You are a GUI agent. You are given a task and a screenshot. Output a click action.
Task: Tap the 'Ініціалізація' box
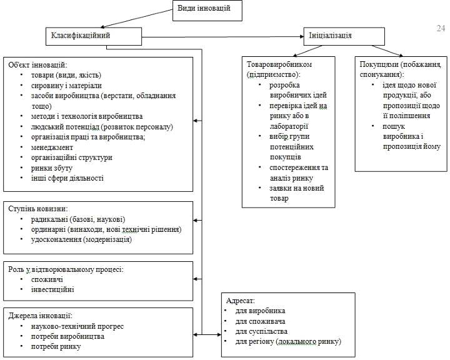tap(330, 35)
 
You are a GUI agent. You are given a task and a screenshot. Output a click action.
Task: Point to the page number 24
tap(440, 28)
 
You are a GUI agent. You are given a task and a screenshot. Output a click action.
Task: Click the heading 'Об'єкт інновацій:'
tap(37, 64)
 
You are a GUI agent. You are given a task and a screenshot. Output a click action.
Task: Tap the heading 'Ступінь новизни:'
tap(37, 209)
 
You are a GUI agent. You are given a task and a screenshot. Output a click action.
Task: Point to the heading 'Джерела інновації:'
tap(41, 316)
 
